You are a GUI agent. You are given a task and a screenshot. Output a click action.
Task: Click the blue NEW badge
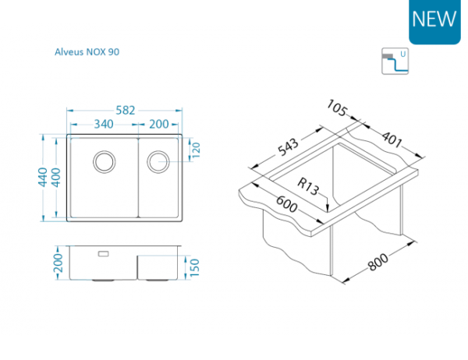tap(434, 22)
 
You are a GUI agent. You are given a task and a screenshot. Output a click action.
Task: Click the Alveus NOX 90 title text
tap(87, 52)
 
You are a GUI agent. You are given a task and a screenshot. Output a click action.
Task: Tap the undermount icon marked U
tap(395, 61)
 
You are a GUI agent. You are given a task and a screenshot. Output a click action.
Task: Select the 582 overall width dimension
tap(126, 111)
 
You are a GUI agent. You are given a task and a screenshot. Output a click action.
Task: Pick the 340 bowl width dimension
tap(104, 124)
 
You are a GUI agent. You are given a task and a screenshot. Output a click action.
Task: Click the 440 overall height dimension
tap(43, 177)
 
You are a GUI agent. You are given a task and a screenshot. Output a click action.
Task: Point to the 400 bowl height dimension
tap(56, 178)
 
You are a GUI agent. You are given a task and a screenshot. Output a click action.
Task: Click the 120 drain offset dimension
tap(196, 150)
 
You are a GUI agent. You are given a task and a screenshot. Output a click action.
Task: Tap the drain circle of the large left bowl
tap(105, 161)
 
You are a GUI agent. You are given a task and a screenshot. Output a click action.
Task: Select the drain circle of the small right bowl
tap(158, 161)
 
